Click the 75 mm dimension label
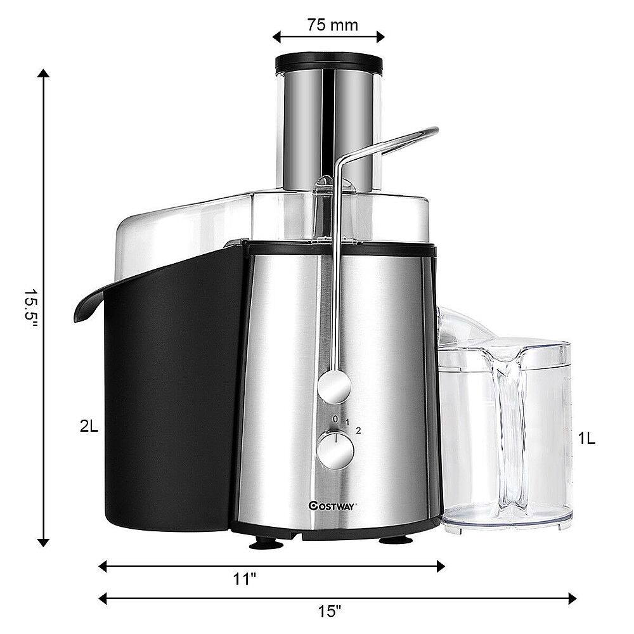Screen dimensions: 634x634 332,25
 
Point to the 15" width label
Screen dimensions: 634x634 330,611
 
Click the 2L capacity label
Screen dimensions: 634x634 89,427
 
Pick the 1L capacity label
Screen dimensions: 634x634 586,438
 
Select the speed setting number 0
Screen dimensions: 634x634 335,418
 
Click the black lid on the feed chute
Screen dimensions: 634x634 328,63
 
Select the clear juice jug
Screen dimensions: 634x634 507,431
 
